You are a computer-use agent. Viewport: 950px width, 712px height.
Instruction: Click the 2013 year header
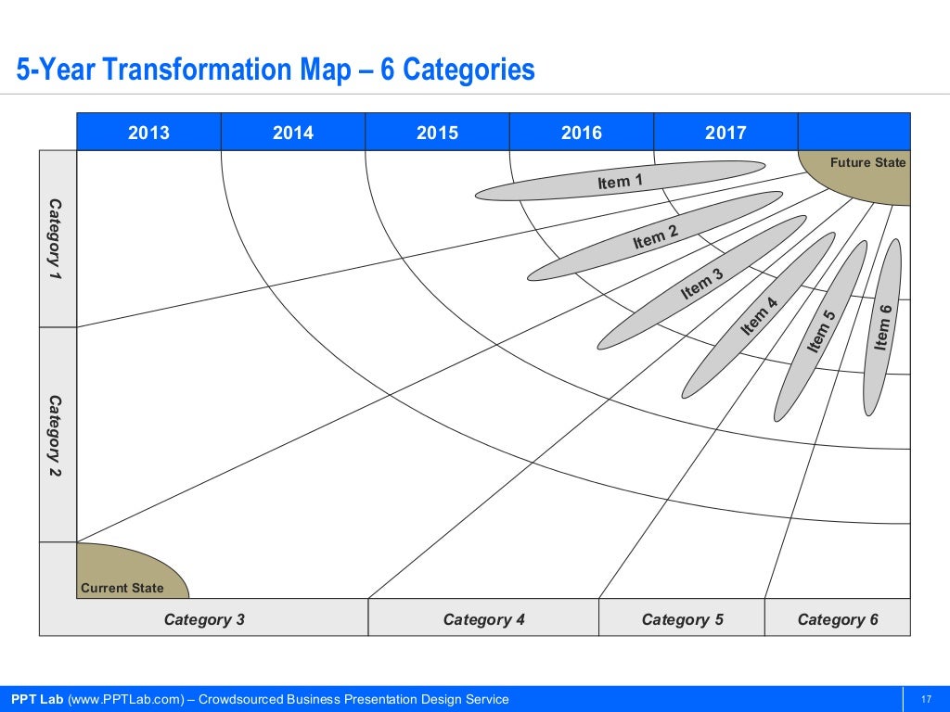(x=148, y=133)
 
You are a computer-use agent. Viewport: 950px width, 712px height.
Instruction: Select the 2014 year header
(x=293, y=133)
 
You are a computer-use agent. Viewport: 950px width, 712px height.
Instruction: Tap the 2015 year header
(x=437, y=133)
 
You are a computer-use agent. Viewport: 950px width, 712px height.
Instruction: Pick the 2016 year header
(x=582, y=133)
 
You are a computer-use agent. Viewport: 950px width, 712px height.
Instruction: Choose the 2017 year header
(x=725, y=133)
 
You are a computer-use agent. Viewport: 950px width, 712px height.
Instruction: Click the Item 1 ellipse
(x=620, y=181)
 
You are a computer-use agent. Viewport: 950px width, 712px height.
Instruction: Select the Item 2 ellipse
(x=655, y=236)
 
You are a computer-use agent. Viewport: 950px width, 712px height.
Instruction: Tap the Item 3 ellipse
(x=701, y=283)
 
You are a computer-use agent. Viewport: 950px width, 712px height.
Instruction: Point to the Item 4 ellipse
(x=759, y=315)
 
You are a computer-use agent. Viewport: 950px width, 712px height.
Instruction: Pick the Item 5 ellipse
(x=821, y=330)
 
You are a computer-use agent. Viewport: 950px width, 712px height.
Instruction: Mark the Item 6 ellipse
(x=882, y=327)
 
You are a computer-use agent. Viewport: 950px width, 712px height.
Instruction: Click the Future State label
(x=867, y=162)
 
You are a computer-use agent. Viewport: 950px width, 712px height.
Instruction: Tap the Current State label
(x=122, y=588)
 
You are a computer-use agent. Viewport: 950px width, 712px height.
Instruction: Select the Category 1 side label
(x=57, y=239)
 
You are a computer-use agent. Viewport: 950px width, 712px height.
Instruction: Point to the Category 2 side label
(x=57, y=436)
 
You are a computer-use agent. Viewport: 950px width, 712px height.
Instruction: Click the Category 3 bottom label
(x=204, y=619)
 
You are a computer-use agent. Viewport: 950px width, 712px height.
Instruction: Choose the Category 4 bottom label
(x=483, y=619)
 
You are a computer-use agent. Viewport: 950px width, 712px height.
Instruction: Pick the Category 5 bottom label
(x=682, y=619)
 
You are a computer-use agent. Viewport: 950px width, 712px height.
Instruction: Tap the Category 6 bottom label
(x=838, y=619)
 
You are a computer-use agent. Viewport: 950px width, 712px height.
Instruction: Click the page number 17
(x=925, y=699)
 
